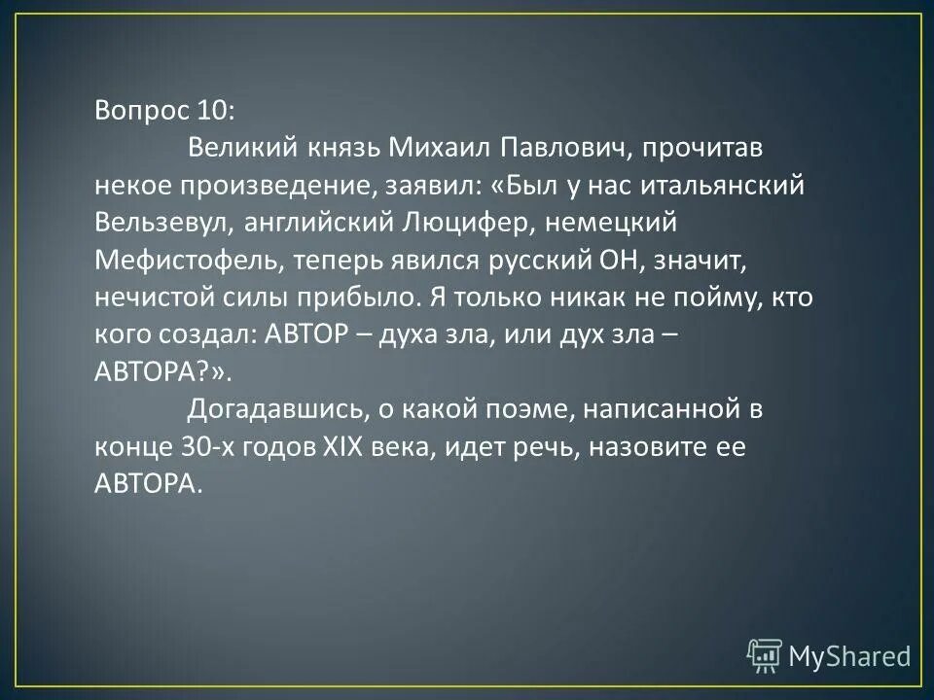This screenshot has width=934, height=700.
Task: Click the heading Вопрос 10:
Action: [x=164, y=109]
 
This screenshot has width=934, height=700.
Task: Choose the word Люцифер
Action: [x=453, y=223]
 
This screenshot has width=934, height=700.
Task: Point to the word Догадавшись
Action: [x=269, y=409]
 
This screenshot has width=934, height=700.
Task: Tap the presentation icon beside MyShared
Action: [x=766, y=655]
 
